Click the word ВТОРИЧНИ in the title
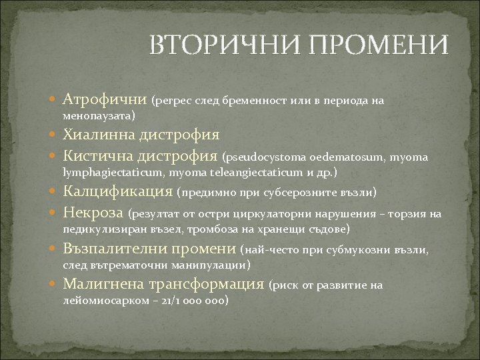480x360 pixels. click(x=217, y=45)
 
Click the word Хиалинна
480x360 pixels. click(x=99, y=135)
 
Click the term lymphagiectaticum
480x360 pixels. click(x=114, y=173)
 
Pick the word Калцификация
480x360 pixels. click(x=118, y=192)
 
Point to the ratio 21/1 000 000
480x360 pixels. click(x=199, y=301)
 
